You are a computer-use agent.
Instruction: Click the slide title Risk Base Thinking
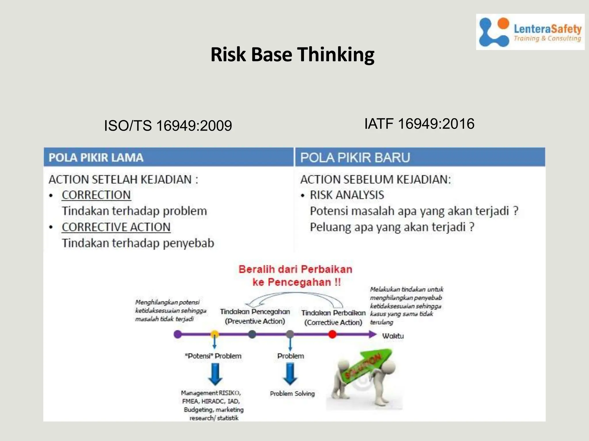click(x=292, y=55)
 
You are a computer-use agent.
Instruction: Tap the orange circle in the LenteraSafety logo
click(x=503, y=24)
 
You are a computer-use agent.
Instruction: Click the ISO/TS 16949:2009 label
click(x=168, y=126)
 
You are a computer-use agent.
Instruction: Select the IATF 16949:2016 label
click(x=419, y=124)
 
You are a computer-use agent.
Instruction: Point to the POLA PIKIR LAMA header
click(x=96, y=158)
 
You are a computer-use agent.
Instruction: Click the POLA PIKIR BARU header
click(x=355, y=158)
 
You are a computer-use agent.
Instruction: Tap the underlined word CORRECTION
click(x=96, y=195)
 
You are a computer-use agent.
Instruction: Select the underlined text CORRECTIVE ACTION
click(x=116, y=227)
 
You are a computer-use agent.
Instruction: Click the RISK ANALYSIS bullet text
click(x=347, y=195)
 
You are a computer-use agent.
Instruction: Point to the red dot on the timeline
click(x=332, y=334)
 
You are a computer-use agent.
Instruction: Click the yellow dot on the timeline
click(x=215, y=334)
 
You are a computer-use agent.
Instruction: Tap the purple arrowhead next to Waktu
click(x=373, y=334)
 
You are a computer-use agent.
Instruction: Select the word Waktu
click(x=393, y=336)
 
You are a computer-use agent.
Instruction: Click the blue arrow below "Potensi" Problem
click(x=215, y=374)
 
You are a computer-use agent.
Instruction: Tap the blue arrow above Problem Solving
click(x=290, y=374)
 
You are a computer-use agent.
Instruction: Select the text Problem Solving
click(x=292, y=394)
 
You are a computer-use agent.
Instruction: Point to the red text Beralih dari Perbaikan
click(x=295, y=269)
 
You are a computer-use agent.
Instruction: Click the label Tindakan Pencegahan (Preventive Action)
click(x=255, y=316)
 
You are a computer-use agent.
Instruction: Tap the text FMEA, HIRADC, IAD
click(x=211, y=401)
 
